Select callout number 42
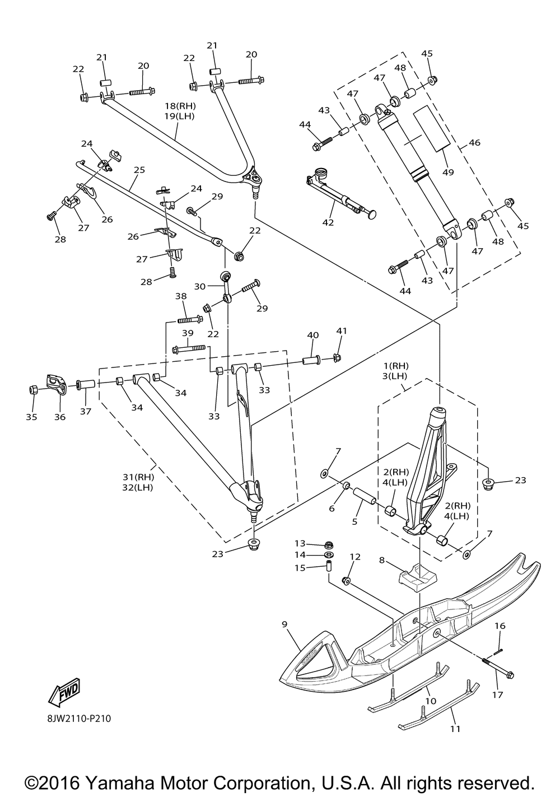[x=328, y=222]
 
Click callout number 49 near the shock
[x=448, y=172]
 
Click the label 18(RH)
[x=180, y=106]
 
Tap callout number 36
[x=60, y=417]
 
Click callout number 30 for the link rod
[x=200, y=286]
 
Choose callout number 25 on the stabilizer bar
[x=139, y=170]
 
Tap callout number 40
[x=313, y=335]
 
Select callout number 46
[x=474, y=142]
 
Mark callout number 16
[x=500, y=625]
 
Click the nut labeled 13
[x=329, y=544]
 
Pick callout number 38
[x=181, y=296]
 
